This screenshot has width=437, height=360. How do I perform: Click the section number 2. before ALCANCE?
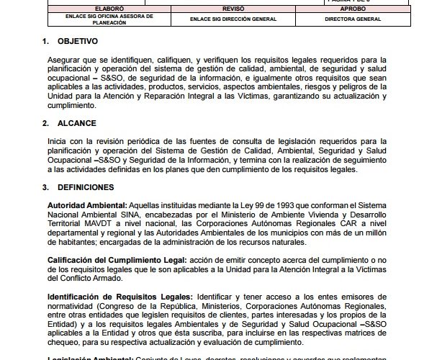coord(46,123)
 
